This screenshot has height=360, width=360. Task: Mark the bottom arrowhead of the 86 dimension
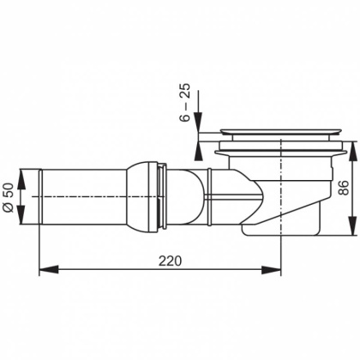click(350, 232)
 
